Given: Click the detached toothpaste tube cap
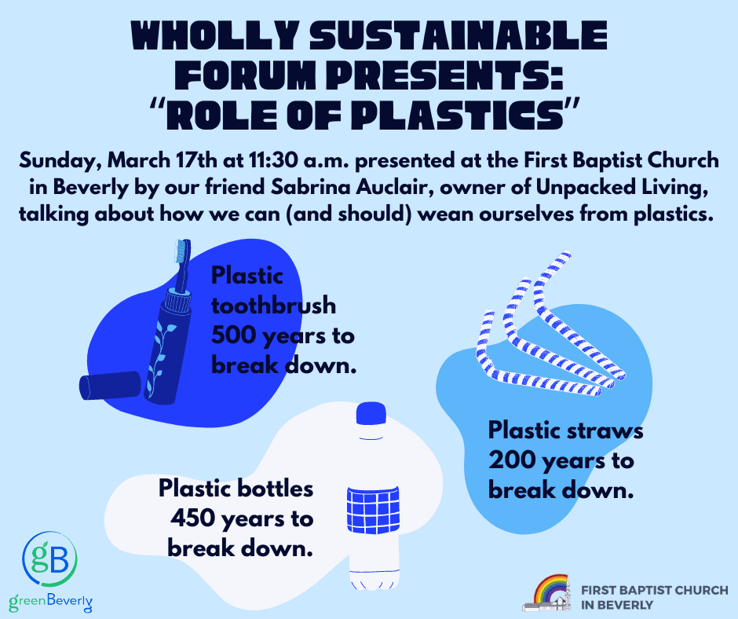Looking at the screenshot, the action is (110, 386).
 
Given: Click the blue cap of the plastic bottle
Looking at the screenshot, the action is (371, 414).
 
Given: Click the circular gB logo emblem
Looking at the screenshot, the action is (50, 559).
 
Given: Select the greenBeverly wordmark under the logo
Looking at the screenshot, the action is (51, 603).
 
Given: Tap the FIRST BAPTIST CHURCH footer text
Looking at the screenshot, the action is (654, 590).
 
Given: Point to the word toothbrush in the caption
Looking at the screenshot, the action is (273, 306).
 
